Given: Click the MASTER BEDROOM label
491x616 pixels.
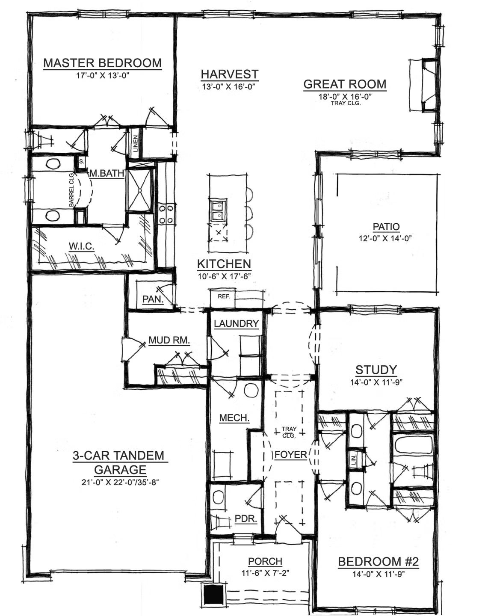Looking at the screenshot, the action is [x=103, y=63].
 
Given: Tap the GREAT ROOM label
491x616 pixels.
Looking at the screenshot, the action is [x=345, y=84].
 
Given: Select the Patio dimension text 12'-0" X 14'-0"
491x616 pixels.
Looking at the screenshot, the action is [x=385, y=238].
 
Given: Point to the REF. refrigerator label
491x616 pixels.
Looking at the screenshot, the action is [x=224, y=296].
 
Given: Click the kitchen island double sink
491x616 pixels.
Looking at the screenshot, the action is [x=219, y=210].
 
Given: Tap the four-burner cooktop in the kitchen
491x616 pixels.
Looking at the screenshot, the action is [x=166, y=214].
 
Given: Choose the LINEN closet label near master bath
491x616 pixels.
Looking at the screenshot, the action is [x=136, y=144].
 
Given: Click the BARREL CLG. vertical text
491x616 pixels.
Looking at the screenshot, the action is [x=71, y=190].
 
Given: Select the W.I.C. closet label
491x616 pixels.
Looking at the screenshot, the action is [x=81, y=246].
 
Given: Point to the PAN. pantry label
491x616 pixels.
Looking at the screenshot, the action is [x=153, y=299].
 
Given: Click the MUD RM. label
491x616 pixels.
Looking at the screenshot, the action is [x=169, y=340].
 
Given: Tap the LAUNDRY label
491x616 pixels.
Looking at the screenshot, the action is [x=236, y=324].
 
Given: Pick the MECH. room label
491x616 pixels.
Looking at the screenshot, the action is [x=234, y=418].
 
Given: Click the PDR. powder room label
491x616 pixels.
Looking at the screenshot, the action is [x=245, y=518].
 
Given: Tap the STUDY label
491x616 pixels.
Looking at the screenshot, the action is [x=376, y=370].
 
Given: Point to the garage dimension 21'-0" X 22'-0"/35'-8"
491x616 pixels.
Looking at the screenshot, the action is [x=120, y=483].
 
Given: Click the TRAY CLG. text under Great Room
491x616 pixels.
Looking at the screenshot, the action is [x=346, y=104].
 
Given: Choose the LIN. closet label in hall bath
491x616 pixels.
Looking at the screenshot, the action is [x=354, y=459].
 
